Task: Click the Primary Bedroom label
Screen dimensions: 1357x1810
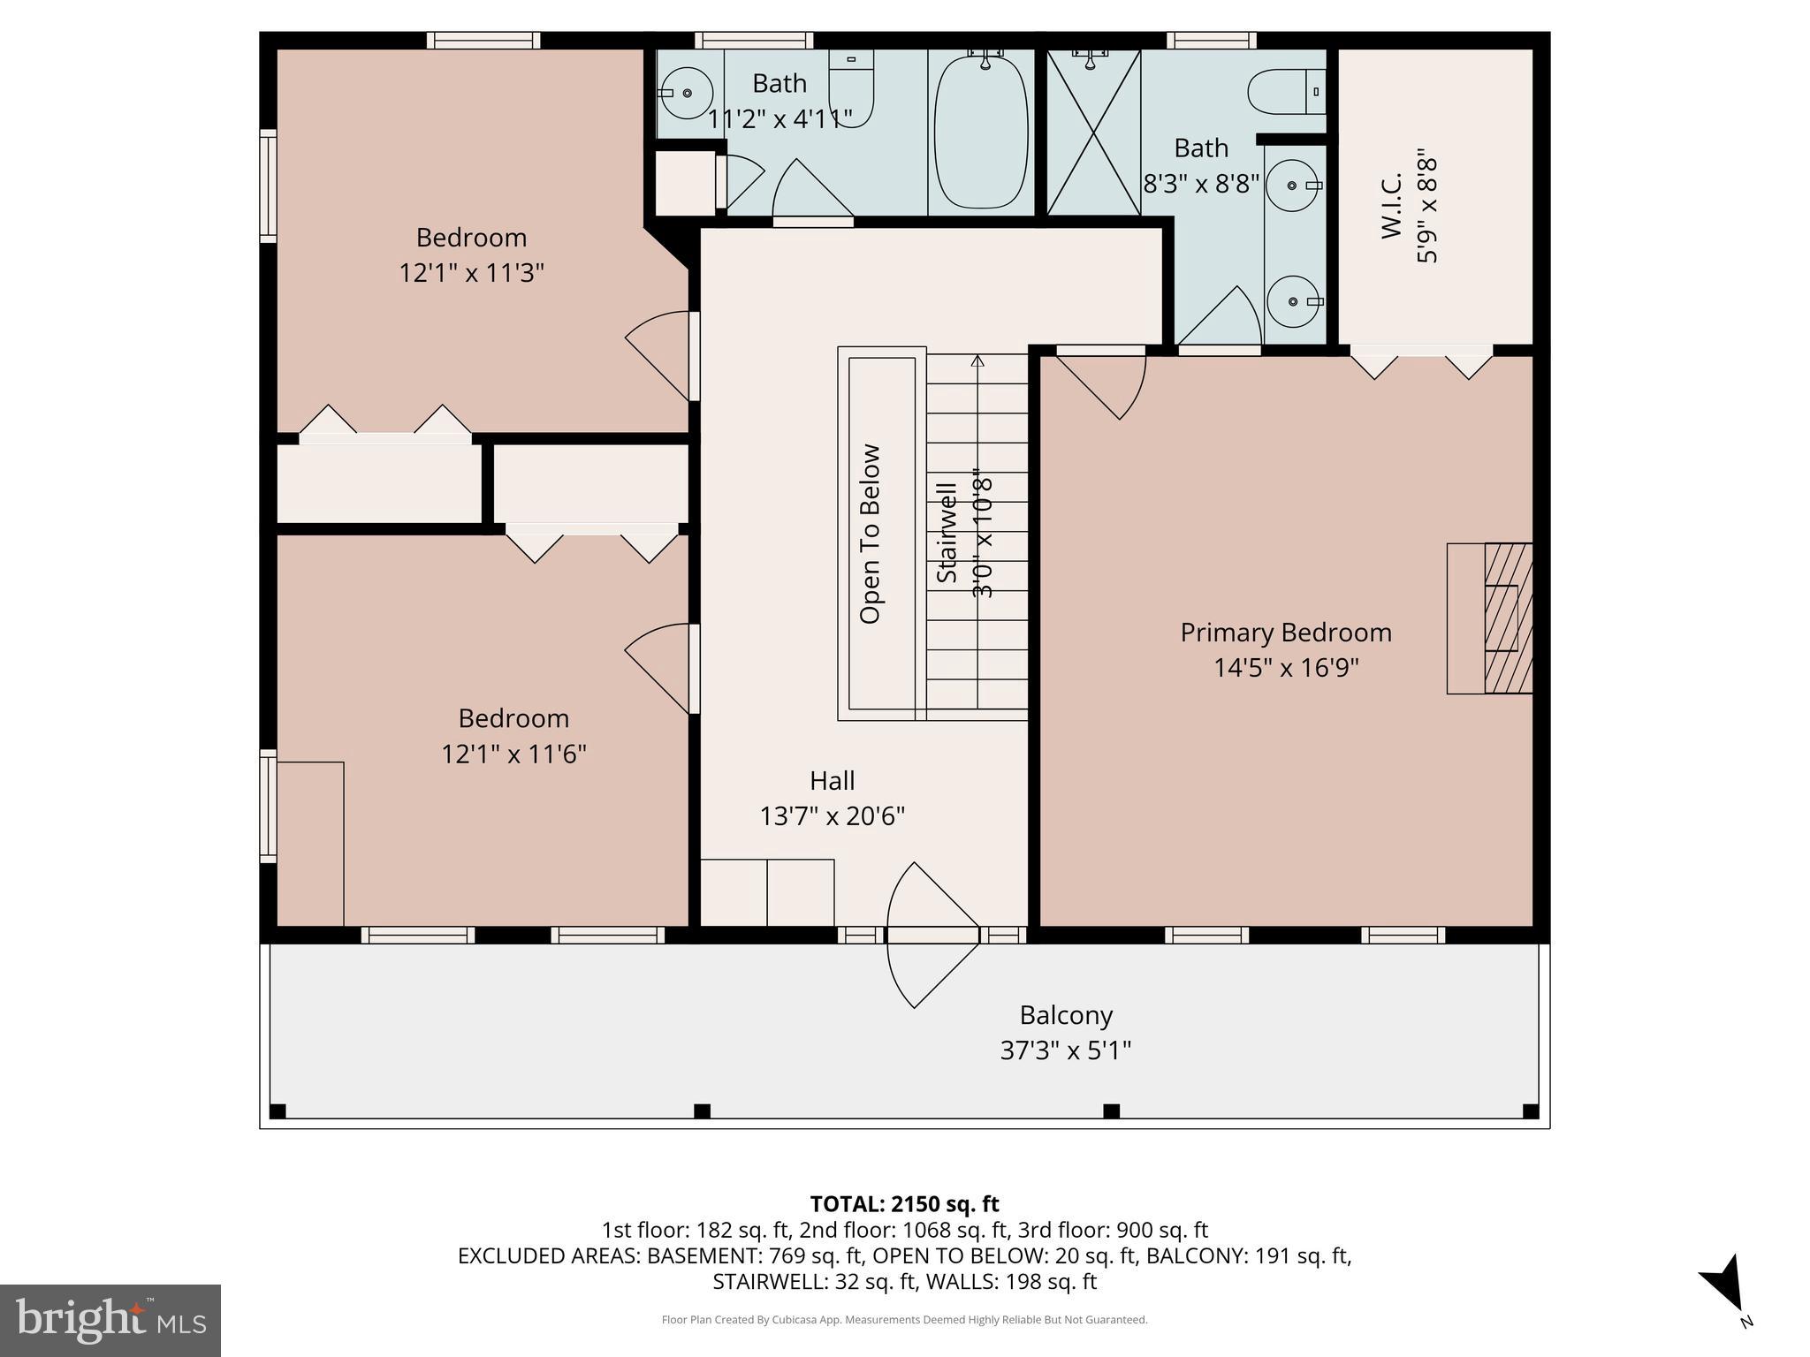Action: coord(1285,633)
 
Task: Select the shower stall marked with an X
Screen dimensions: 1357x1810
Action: coord(1093,133)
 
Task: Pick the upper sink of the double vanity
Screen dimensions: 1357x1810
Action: coord(1292,186)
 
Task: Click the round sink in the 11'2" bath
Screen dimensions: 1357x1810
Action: coord(688,92)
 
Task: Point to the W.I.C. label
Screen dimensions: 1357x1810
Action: coord(1392,206)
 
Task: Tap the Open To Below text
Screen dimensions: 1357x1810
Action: coord(871,534)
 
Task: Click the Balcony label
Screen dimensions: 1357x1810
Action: coord(1065,1015)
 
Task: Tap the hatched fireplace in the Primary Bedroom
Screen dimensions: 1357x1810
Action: coord(1507,618)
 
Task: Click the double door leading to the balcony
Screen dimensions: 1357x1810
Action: coord(932,936)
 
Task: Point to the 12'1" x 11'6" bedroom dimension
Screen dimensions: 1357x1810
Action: coord(513,754)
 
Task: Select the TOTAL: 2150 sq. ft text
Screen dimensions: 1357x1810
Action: coord(904,1204)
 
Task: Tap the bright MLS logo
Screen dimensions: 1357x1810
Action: coord(110,1320)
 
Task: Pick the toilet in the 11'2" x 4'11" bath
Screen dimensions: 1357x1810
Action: coord(851,88)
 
